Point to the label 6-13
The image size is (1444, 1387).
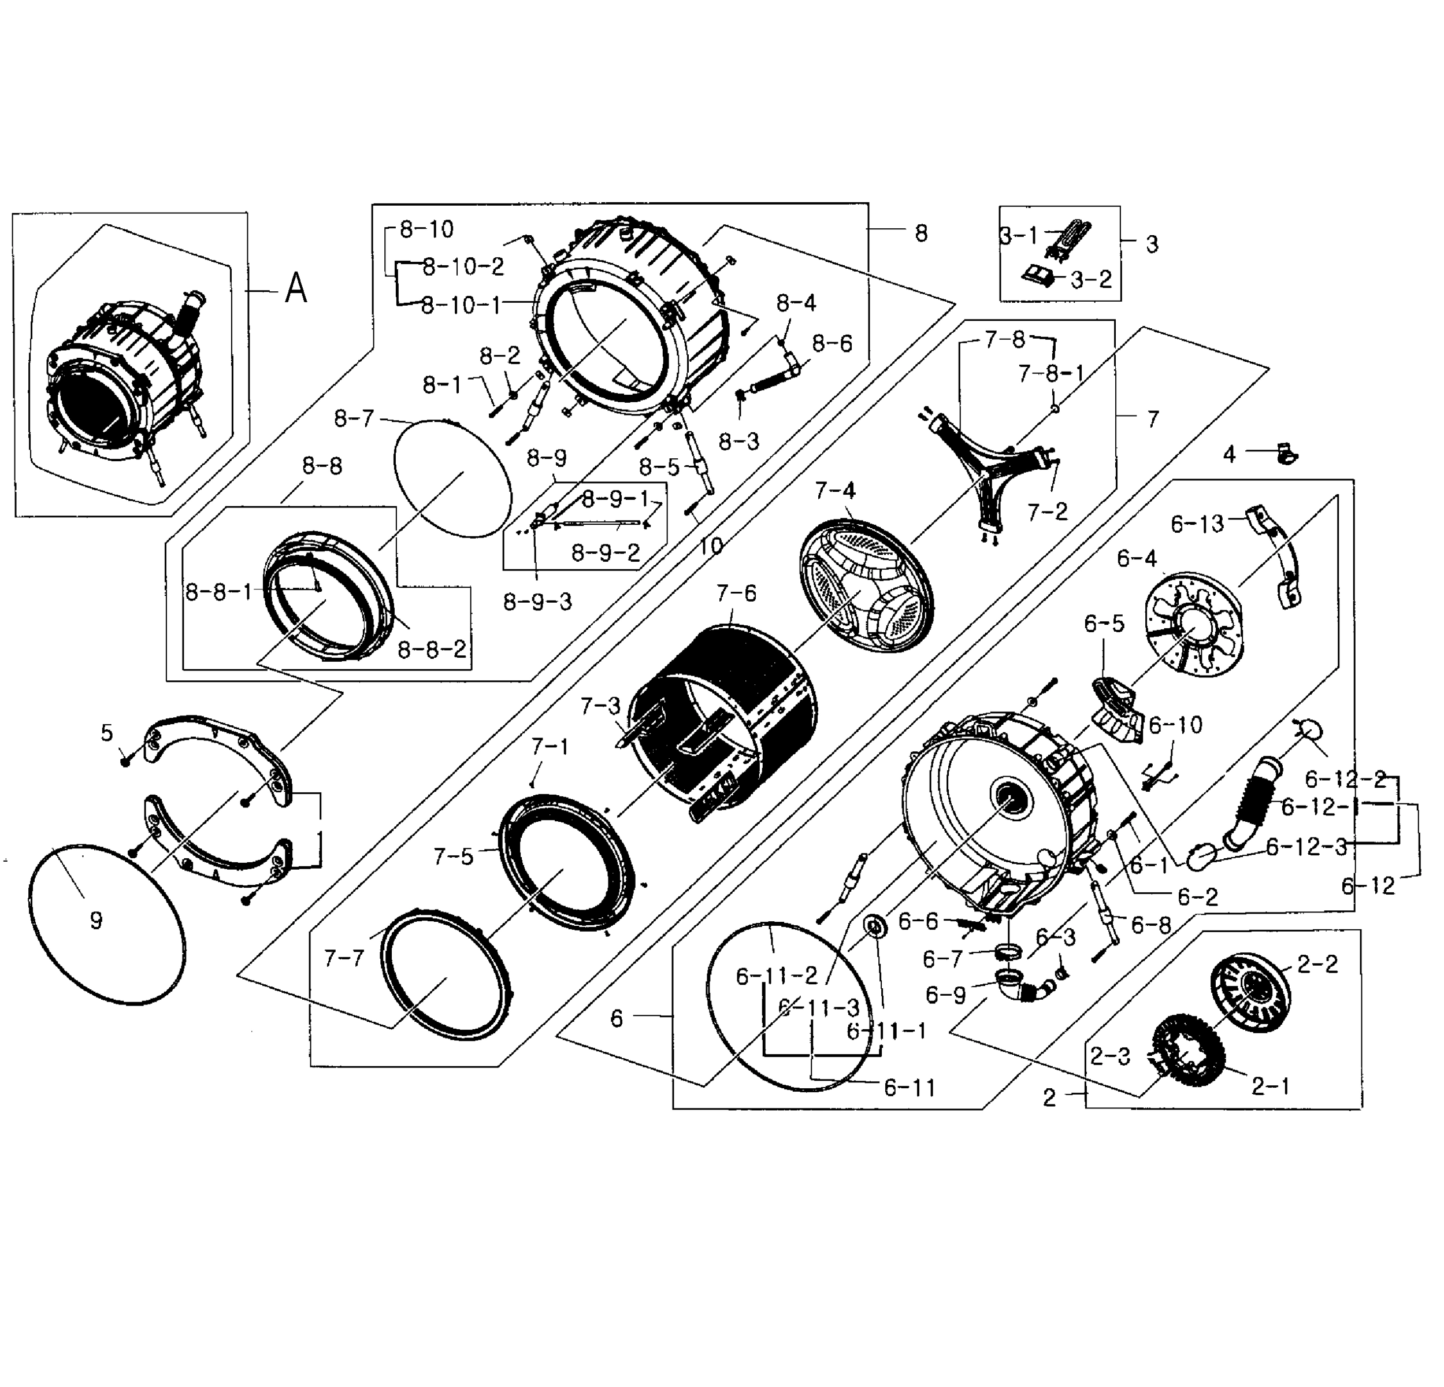tap(1197, 524)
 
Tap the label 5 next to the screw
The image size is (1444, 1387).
tap(107, 733)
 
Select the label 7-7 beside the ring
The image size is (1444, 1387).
tap(344, 958)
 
